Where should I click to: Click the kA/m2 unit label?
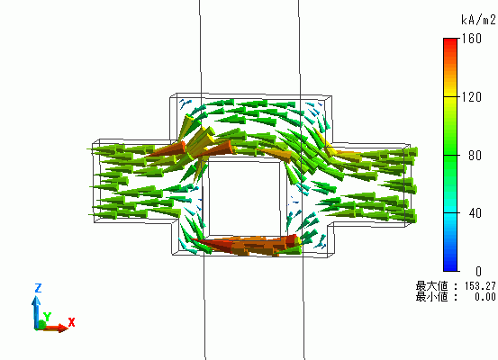click(x=478, y=20)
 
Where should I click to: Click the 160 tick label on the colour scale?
click(x=472, y=39)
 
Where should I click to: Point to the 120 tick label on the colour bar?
click(x=472, y=97)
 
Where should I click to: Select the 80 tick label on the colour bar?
click(x=475, y=155)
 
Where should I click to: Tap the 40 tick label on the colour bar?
click(x=475, y=213)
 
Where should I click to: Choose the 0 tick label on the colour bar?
click(x=478, y=271)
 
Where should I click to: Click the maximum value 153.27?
click(x=480, y=286)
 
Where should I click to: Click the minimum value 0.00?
click(x=485, y=297)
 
